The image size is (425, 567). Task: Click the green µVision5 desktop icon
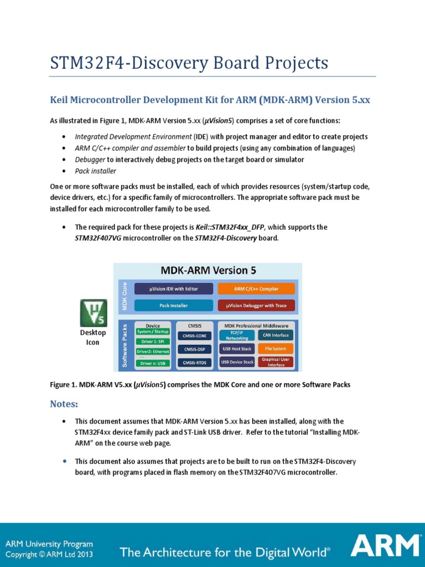coord(93,313)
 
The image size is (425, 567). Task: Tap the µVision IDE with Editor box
coord(173,288)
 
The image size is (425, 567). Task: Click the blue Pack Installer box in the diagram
coord(173,305)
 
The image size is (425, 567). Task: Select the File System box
coord(275,349)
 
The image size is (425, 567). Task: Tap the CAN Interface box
coord(275,335)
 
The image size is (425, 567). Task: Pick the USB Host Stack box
coord(237,349)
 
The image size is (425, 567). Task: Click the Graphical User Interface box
coord(275,362)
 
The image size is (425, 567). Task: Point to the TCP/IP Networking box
coord(237,336)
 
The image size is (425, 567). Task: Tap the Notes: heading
coord(64,404)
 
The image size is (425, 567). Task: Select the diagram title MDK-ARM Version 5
coord(208,271)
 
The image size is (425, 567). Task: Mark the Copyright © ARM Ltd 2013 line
coord(49,554)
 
